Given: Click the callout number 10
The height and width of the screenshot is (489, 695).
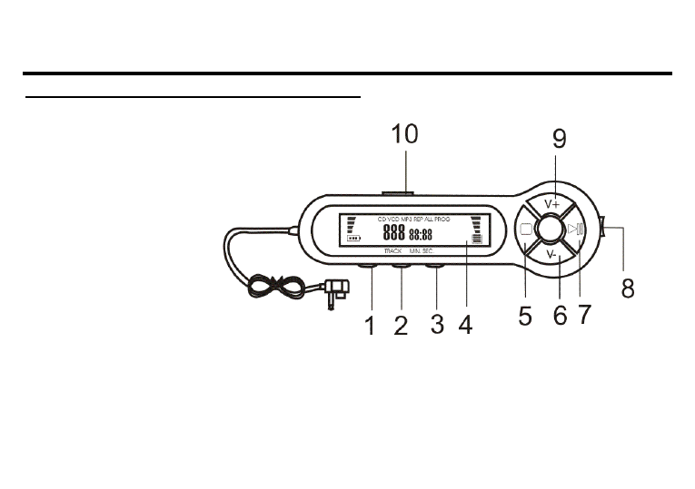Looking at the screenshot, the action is [x=404, y=134].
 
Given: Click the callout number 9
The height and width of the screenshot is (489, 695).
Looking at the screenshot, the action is [x=559, y=138].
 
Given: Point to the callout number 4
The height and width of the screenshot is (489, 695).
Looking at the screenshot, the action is [x=465, y=325].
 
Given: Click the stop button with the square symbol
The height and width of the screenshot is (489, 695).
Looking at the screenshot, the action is [x=526, y=230].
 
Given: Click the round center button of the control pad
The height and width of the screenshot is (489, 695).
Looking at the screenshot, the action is [x=551, y=230].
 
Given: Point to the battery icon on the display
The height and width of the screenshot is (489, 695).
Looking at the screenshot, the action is [x=353, y=240].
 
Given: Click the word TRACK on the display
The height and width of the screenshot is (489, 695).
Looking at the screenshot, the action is [x=392, y=250].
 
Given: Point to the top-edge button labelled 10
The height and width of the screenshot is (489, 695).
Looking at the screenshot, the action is [x=397, y=192].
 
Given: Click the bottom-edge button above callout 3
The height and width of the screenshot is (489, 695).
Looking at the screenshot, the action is [x=436, y=268].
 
